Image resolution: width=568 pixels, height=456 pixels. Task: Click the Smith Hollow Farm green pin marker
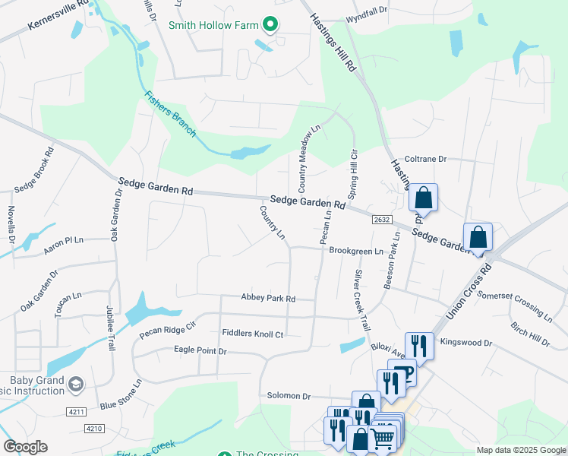pos(270,24)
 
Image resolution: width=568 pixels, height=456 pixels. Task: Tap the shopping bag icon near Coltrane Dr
pos(424,198)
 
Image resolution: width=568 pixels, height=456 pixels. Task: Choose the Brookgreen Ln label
pos(356,251)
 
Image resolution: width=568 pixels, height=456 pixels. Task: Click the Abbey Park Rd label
pos(267,299)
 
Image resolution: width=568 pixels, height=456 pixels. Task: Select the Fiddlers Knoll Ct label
pos(252,334)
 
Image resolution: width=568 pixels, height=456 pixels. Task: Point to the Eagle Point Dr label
pos(200,351)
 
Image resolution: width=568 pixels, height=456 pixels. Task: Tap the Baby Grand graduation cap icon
pos(75,385)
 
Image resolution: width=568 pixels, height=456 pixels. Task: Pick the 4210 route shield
pos(93,429)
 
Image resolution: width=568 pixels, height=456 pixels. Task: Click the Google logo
pos(25,447)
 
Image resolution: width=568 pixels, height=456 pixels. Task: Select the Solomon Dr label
pos(289,396)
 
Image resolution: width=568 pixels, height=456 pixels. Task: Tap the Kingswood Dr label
pos(466,344)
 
